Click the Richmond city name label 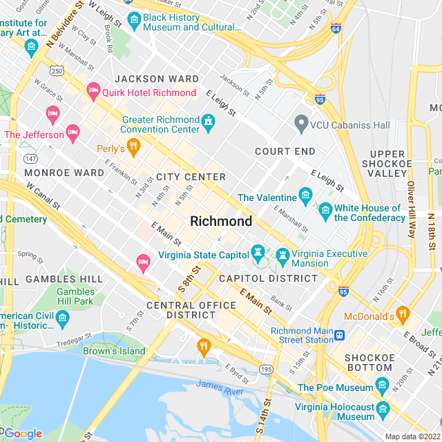(221, 222)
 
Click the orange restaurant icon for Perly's (134, 146)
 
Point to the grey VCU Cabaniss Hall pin (300, 124)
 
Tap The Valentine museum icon (305, 197)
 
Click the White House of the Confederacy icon (326, 211)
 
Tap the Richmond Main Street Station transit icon (340, 336)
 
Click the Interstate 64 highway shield (336, 29)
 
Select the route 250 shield (57, 71)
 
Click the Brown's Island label (115, 351)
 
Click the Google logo (22, 433)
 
